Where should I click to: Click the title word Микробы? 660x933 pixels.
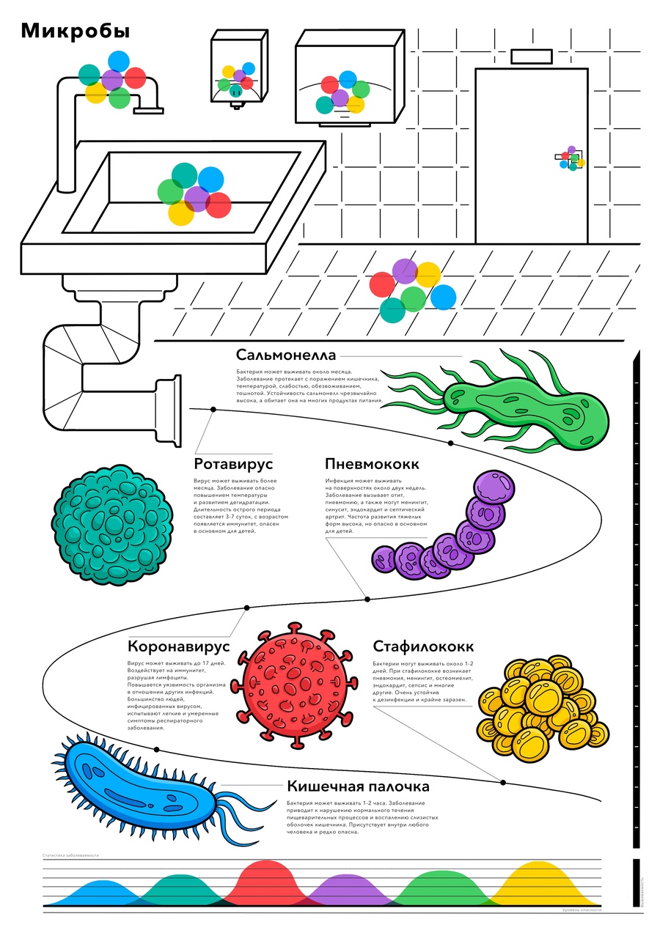[76, 31]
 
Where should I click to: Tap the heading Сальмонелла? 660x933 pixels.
[286, 355]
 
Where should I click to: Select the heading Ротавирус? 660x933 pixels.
[233, 464]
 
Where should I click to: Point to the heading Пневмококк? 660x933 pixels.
[372, 464]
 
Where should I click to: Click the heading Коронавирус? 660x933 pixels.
[179, 647]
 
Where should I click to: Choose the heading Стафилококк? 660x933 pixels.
[423, 647]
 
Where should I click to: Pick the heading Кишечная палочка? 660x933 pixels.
[358, 786]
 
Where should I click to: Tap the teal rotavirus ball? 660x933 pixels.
[112, 525]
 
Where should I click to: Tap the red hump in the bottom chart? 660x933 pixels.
[267, 879]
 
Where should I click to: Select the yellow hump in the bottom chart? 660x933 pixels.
[540, 879]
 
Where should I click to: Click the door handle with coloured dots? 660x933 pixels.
[571, 158]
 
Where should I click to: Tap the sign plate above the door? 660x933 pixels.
[531, 56]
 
